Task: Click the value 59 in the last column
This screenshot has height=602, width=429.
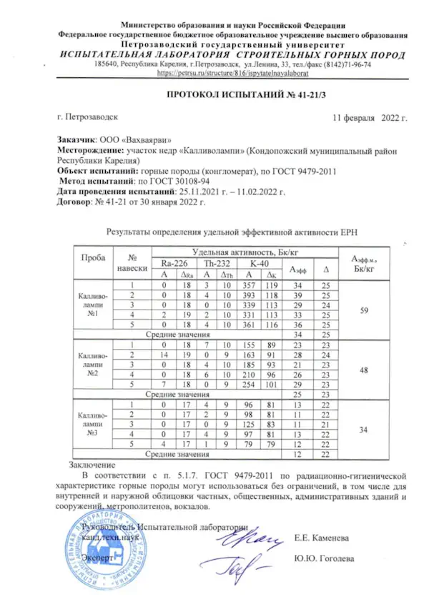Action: [x=363, y=311]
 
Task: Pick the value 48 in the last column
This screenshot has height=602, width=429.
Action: [x=363, y=371]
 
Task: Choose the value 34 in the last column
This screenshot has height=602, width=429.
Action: [x=363, y=431]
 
